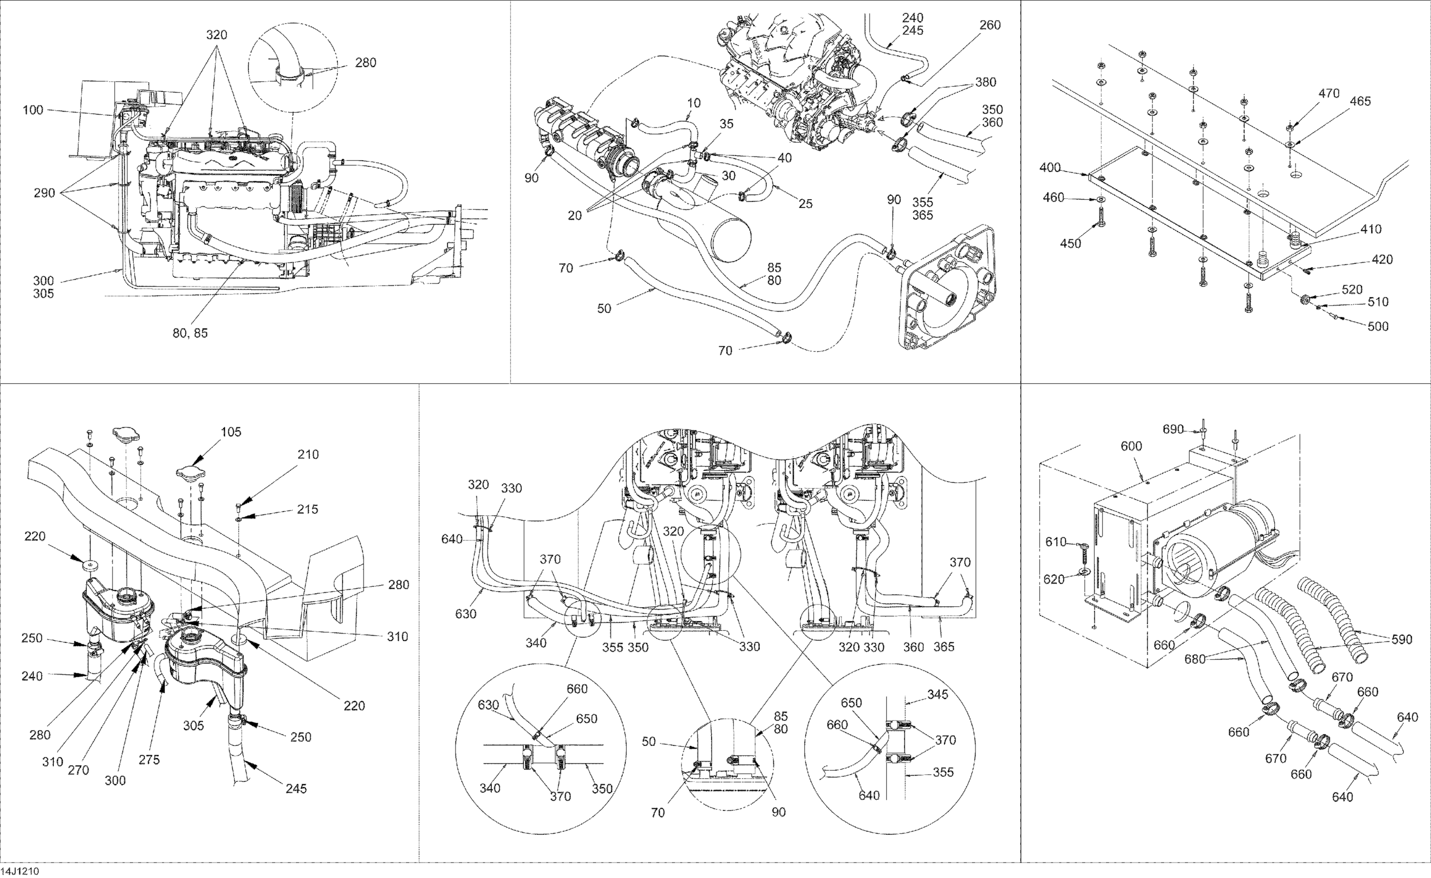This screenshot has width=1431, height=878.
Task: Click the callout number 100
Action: click(33, 110)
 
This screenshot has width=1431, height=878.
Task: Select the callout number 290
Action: click(44, 193)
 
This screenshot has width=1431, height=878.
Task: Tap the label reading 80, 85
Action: click(190, 333)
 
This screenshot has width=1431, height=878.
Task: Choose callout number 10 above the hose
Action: click(694, 103)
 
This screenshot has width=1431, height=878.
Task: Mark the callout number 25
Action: click(805, 204)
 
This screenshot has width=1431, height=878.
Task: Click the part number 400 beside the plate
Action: click(1050, 168)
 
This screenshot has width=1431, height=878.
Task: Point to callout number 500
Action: click(1378, 327)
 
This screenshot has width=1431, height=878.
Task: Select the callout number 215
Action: click(307, 509)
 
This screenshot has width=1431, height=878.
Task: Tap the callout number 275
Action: click(149, 759)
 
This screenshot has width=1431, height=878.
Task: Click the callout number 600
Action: click(1131, 446)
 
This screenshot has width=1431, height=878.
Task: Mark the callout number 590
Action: click(1401, 639)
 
